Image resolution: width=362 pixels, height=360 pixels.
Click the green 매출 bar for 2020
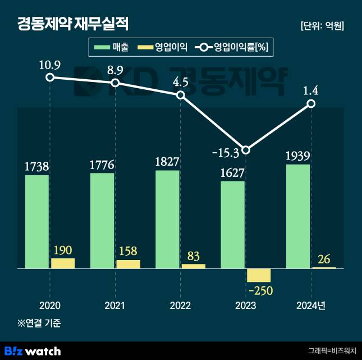(x=37, y=222)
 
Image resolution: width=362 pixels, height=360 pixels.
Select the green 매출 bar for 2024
(x=297, y=216)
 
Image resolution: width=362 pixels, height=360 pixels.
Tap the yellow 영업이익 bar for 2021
(x=128, y=264)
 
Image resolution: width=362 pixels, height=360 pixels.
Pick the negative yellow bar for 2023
(x=259, y=275)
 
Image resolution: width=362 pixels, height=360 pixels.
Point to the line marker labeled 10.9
(x=50, y=77)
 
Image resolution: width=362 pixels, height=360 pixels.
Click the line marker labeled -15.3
(x=246, y=149)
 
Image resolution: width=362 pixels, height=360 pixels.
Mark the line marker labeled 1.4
(x=311, y=104)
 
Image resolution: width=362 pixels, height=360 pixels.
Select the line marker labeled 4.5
(x=181, y=95)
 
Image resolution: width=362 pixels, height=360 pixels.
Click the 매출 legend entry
(x=112, y=48)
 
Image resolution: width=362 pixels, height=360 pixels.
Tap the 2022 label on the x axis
(x=180, y=306)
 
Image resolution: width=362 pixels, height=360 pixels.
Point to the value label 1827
(x=167, y=162)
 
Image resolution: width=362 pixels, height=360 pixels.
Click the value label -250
(x=259, y=290)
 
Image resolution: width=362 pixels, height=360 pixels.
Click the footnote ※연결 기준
(x=39, y=323)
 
